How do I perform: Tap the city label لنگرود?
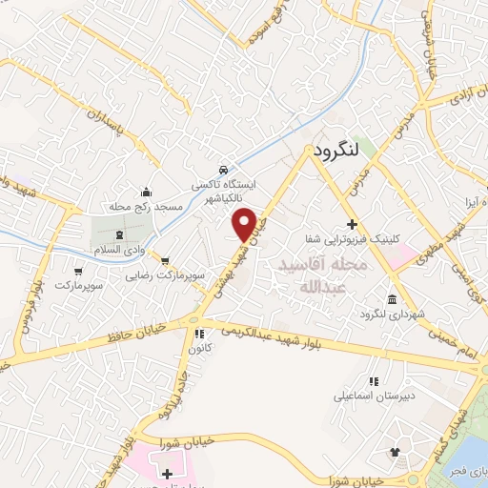(335, 150)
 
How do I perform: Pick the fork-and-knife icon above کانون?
(199, 335)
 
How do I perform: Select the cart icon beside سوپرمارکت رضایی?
(167, 259)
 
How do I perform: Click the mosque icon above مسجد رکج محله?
(145, 191)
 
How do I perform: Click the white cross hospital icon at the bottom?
(168, 473)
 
